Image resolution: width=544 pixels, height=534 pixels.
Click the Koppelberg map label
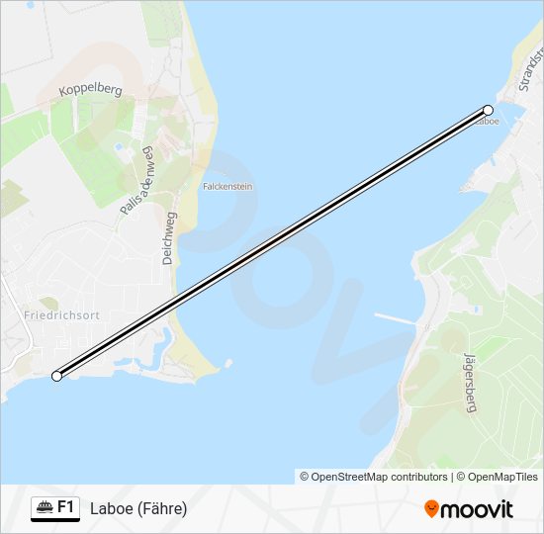click(x=89, y=90)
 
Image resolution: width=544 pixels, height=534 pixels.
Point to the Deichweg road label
click(x=169, y=237)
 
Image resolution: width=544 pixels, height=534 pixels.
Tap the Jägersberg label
click(x=469, y=385)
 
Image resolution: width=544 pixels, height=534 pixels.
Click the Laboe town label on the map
click(x=487, y=122)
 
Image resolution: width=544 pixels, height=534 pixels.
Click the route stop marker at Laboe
click(x=488, y=111)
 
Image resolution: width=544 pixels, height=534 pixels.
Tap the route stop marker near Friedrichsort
click(x=57, y=376)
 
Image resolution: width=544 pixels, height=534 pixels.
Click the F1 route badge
click(x=55, y=508)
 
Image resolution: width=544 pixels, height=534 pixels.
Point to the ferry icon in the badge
click(x=45, y=508)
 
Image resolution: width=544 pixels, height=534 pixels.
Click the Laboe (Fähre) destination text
click(x=138, y=509)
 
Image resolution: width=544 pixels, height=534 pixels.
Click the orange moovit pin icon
click(x=431, y=509)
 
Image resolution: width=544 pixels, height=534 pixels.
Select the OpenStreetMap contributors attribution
click(x=374, y=477)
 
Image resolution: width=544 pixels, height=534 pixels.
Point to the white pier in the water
click(x=392, y=318)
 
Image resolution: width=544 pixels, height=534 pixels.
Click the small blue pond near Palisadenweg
click(x=120, y=146)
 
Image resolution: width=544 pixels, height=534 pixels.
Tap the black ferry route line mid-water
click(x=272, y=243)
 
